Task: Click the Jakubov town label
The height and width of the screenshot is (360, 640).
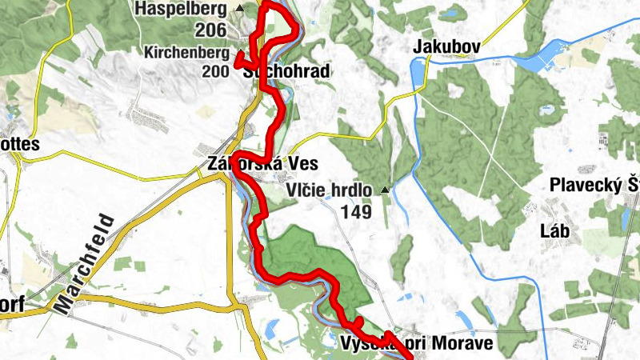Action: click(446, 47)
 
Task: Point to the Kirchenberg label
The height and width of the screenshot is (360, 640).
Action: click(186, 53)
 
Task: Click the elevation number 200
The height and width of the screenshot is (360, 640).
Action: click(216, 72)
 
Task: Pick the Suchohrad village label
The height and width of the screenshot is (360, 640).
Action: click(286, 72)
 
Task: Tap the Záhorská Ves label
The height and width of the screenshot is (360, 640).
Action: click(262, 164)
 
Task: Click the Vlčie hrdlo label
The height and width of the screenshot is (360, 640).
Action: click(329, 190)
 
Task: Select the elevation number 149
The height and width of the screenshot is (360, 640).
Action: click(356, 212)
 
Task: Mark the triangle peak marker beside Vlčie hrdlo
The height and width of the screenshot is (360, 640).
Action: click(385, 190)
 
